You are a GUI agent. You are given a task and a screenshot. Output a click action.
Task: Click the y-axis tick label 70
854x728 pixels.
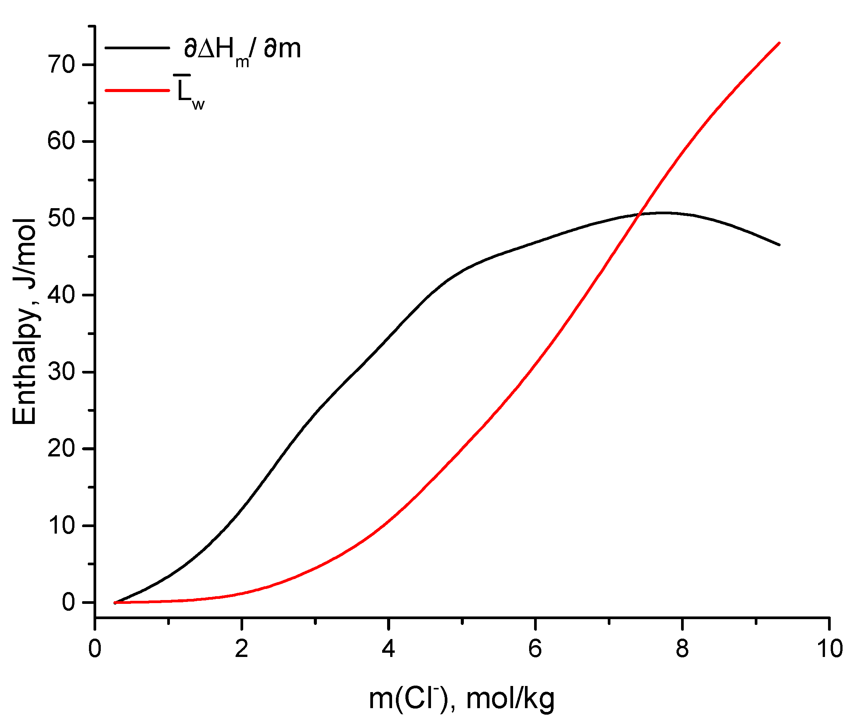tap(62, 65)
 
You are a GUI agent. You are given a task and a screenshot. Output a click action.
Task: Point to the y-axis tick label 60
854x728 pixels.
tap(62, 141)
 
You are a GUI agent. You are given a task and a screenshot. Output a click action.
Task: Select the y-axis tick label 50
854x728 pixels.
tap(62, 218)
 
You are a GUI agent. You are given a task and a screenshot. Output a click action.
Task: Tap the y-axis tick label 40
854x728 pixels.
tap(62, 295)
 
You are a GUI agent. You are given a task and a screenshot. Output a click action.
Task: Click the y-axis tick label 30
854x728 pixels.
tap(62, 372)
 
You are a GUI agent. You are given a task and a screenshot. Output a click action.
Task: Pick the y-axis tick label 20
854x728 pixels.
tap(62, 449)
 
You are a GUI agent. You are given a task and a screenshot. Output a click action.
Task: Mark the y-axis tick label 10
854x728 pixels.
tap(62, 526)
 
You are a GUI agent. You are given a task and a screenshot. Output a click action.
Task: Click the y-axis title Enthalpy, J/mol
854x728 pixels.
tap(25, 322)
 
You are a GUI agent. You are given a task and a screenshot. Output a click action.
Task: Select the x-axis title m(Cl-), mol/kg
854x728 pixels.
tap(462, 699)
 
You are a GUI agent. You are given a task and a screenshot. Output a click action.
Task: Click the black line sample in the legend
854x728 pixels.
tap(137, 48)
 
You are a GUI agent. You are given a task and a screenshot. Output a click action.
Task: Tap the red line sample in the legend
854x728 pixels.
tap(137, 90)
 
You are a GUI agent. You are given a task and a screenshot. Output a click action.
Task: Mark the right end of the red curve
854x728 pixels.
tap(780, 43)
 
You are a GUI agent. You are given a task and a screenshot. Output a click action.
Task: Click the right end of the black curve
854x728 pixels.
tap(780, 245)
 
